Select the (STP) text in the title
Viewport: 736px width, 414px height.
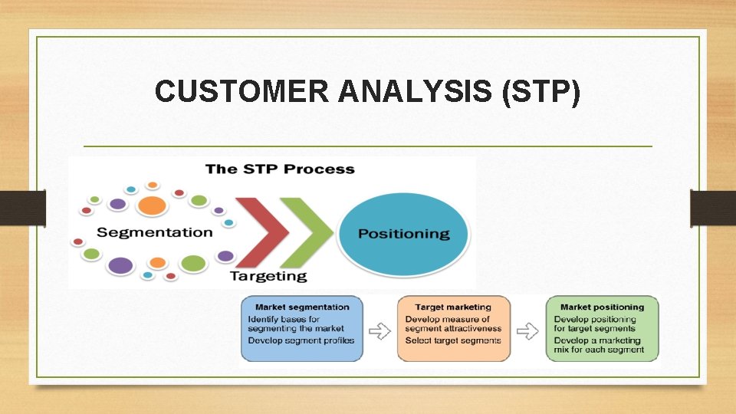click(x=540, y=92)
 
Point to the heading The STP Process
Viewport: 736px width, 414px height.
click(x=280, y=169)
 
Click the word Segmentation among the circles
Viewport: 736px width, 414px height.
click(x=155, y=232)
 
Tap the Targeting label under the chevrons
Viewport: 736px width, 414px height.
click(x=268, y=276)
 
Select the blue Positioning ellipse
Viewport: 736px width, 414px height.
click(x=403, y=233)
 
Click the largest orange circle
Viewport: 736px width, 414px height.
click(x=152, y=205)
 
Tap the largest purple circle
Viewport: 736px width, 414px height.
click(x=120, y=266)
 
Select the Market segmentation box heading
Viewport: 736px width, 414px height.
click(x=301, y=307)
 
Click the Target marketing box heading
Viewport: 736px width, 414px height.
click(x=454, y=307)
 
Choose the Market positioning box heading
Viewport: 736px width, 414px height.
click(x=602, y=307)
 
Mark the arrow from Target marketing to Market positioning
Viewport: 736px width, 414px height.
click(x=527, y=331)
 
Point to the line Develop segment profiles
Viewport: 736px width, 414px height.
click(x=301, y=340)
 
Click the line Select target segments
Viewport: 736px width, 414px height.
click(x=452, y=340)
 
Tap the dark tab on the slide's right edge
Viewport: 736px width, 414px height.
click(x=713, y=209)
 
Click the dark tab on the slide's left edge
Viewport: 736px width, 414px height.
click(x=22, y=209)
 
